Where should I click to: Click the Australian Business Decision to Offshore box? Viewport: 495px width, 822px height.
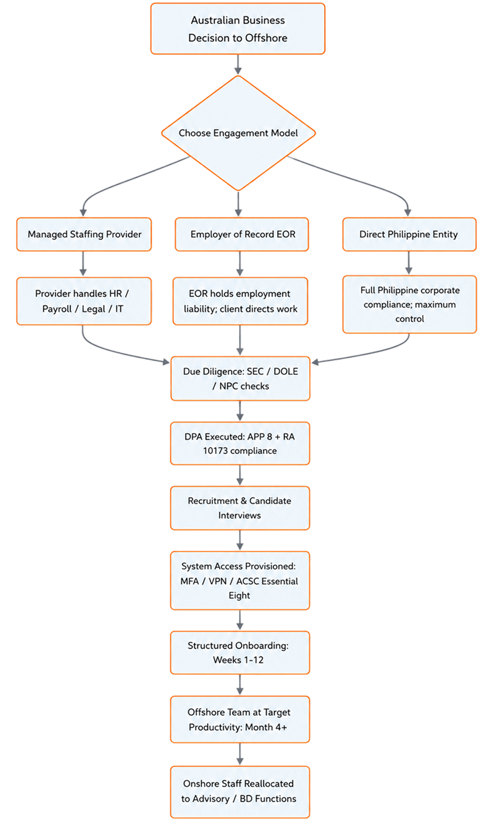pos(238,28)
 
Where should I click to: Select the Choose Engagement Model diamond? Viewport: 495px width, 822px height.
pos(238,133)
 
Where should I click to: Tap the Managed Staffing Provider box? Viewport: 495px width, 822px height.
pos(84,234)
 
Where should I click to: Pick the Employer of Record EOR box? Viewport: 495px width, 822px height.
pos(242,234)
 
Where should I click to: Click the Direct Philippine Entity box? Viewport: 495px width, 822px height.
pos(409,234)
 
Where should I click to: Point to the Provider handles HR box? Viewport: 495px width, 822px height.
pos(84,301)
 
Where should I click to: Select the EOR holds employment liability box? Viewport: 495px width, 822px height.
pos(240,301)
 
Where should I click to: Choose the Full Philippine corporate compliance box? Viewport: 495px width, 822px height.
pos(410,304)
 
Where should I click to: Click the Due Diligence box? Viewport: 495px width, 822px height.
pos(240,379)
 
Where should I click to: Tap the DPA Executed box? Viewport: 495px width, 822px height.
pos(240,443)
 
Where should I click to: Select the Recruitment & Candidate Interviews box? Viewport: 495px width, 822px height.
pos(240,508)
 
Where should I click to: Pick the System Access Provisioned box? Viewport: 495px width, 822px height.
pos(240,581)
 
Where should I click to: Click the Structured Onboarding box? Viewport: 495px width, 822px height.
pos(240,652)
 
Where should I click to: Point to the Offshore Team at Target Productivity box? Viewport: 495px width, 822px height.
pos(240,719)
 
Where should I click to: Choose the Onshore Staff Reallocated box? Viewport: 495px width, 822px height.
pos(240,792)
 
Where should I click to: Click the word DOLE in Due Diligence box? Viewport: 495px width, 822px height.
pos(286,371)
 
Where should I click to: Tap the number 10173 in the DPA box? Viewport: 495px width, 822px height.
pos(215,451)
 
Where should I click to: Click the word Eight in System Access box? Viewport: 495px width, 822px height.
pos(239,595)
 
